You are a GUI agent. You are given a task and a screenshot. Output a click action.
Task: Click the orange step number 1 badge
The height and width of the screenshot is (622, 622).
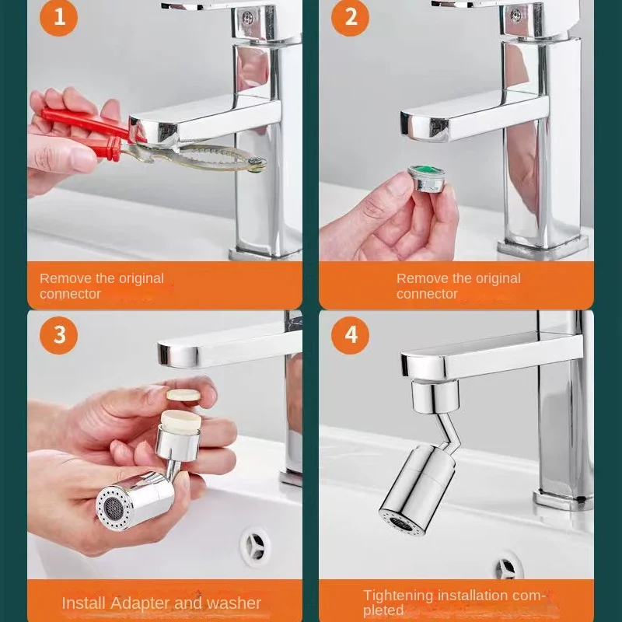[x=59, y=18]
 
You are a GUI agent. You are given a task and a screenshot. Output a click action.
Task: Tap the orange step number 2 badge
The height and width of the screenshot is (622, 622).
[x=351, y=18]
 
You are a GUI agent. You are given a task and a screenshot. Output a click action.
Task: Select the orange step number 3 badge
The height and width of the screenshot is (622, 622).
[x=59, y=335]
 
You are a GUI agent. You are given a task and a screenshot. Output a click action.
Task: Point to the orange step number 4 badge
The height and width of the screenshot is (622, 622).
[x=351, y=335]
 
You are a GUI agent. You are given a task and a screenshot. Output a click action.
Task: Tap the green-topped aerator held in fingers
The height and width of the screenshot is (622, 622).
[x=426, y=179]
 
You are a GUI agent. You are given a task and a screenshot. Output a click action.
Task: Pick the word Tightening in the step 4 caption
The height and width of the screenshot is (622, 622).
[x=398, y=596]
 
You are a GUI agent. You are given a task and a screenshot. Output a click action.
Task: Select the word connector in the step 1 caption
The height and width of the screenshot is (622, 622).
[x=70, y=294]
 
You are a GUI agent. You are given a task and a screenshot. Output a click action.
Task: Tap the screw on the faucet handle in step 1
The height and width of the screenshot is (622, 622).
[x=247, y=17]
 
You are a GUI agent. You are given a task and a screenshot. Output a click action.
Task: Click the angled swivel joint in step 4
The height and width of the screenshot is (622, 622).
[x=447, y=429]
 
